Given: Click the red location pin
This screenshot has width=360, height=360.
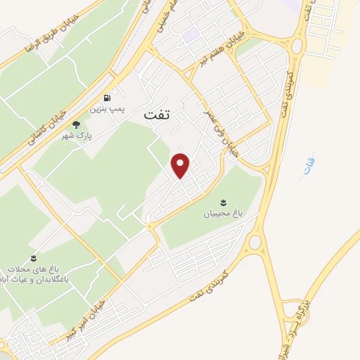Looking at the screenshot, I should (x=181, y=165).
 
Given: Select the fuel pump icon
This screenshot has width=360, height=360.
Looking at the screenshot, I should (x=106, y=98).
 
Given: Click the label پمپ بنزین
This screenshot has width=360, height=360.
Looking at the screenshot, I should (x=106, y=110).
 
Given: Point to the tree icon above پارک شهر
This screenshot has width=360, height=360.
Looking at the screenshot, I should (x=77, y=124).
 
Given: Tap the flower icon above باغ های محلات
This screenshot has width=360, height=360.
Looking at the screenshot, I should (x=33, y=258).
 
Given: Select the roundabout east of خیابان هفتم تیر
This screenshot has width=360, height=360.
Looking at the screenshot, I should (x=295, y=47).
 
